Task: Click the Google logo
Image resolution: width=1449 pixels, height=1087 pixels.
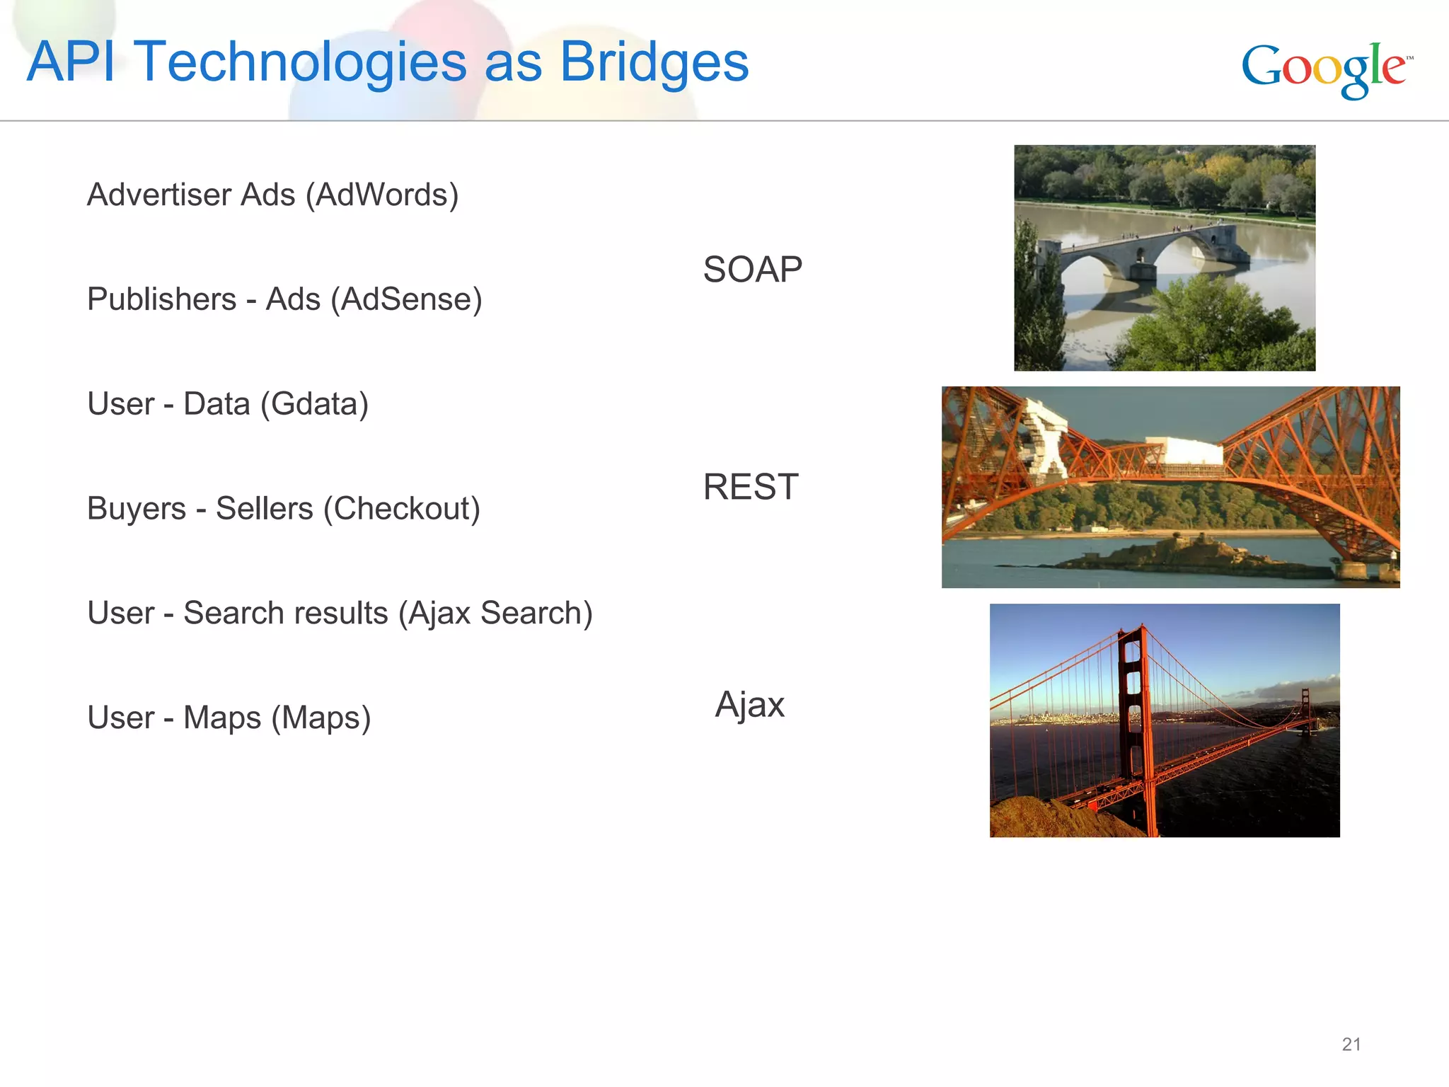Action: pyautogui.click(x=1326, y=69)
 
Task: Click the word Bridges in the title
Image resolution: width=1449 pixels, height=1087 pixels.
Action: pyautogui.click(x=654, y=62)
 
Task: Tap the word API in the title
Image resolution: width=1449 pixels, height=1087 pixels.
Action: pyautogui.click(x=71, y=62)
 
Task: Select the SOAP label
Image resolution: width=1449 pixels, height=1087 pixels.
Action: pyautogui.click(x=752, y=270)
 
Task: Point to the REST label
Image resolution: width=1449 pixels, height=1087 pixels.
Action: pyautogui.click(x=751, y=487)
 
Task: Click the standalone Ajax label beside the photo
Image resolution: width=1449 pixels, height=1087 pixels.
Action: pyautogui.click(x=750, y=705)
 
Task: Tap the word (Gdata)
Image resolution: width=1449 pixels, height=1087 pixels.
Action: pyautogui.click(x=314, y=404)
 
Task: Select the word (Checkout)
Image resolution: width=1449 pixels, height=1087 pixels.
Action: pyautogui.click(x=401, y=509)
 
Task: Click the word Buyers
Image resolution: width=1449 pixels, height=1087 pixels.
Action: pyautogui.click(x=137, y=509)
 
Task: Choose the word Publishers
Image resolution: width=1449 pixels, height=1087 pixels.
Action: pyautogui.click(x=161, y=299)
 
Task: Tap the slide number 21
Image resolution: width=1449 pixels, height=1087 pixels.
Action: pyautogui.click(x=1351, y=1044)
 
